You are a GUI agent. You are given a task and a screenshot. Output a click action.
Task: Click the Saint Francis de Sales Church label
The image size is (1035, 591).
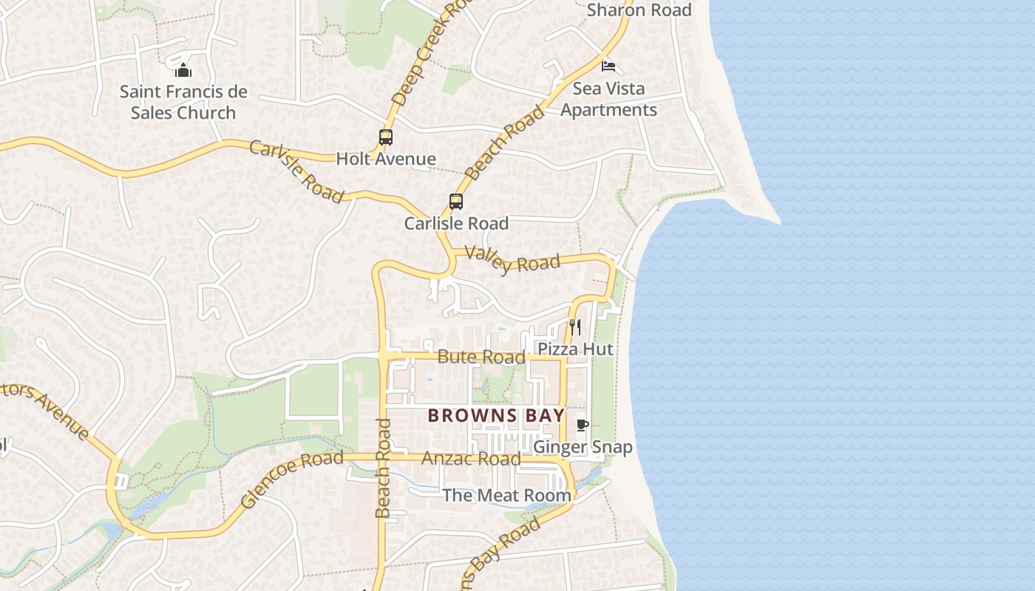(183, 102)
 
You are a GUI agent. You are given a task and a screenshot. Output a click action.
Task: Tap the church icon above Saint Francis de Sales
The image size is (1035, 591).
(183, 70)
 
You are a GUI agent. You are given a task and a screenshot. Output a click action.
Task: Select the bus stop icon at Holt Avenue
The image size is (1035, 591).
(386, 137)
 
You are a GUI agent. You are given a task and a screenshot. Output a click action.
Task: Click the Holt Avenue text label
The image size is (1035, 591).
(386, 159)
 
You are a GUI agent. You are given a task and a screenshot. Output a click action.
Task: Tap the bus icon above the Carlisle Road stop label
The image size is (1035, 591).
(456, 201)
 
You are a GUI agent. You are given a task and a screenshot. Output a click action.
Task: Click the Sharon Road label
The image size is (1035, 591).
(639, 10)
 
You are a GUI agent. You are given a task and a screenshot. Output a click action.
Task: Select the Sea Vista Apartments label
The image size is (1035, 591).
(608, 99)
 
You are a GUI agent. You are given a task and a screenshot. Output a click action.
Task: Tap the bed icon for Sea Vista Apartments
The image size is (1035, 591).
(608, 66)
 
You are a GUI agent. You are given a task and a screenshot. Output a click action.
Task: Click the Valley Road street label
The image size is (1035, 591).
(512, 259)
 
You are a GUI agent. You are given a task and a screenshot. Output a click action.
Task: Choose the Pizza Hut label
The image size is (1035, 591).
(575, 349)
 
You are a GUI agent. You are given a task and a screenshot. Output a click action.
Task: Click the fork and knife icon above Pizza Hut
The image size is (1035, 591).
(575, 327)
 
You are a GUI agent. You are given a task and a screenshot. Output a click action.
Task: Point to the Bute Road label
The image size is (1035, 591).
(481, 357)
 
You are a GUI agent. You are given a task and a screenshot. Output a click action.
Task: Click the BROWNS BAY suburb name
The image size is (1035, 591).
(496, 415)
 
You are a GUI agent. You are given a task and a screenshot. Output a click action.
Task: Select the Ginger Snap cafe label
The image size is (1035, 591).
(583, 447)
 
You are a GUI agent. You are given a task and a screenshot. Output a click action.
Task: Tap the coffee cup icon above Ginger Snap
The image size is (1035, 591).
(583, 425)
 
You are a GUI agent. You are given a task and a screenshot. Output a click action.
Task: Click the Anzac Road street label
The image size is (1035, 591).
(471, 459)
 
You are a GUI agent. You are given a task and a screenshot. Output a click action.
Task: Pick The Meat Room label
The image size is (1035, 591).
(506, 495)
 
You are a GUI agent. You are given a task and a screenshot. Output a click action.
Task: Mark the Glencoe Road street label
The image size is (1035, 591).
(291, 479)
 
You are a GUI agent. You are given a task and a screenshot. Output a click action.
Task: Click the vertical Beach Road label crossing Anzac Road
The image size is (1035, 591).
(382, 468)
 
